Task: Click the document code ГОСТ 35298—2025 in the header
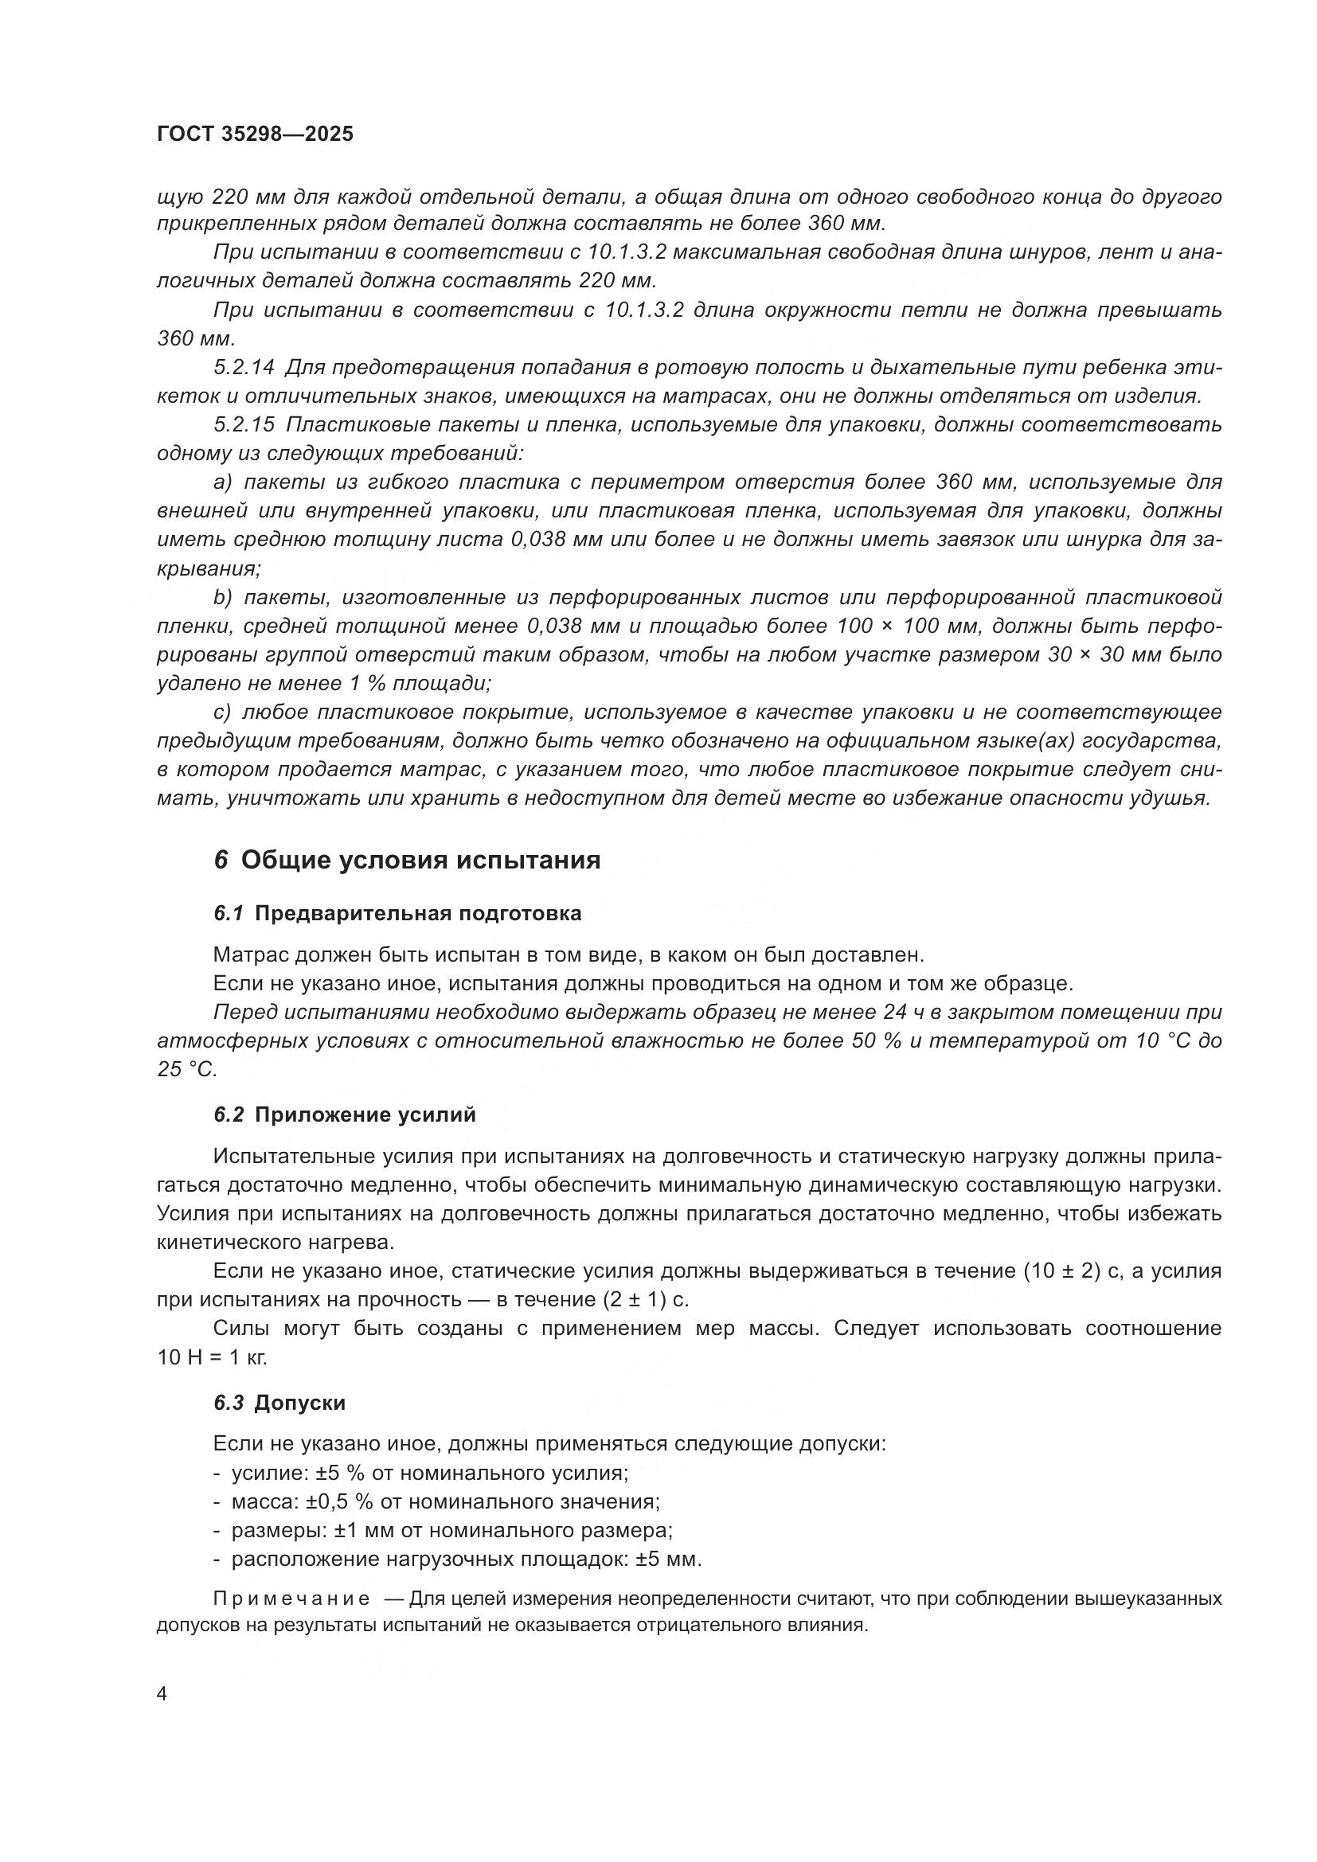click(x=256, y=135)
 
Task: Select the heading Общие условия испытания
click(x=420, y=860)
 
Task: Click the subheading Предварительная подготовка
click(x=418, y=913)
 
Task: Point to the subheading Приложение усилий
click(x=365, y=1115)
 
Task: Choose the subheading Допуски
click(x=299, y=1403)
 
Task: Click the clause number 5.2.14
click(x=244, y=367)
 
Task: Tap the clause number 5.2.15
click(x=244, y=425)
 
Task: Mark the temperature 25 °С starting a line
click(x=187, y=1070)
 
